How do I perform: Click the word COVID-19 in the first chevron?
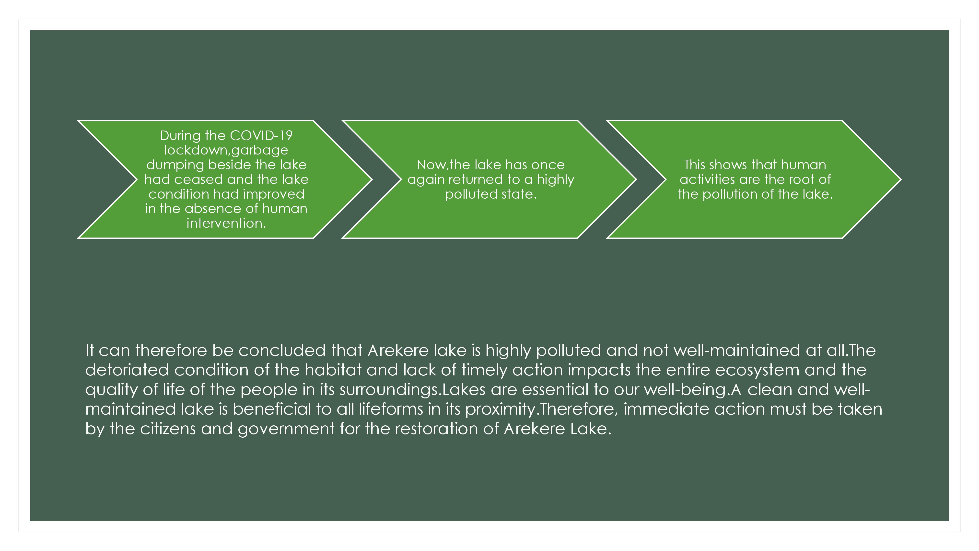coord(261,135)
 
